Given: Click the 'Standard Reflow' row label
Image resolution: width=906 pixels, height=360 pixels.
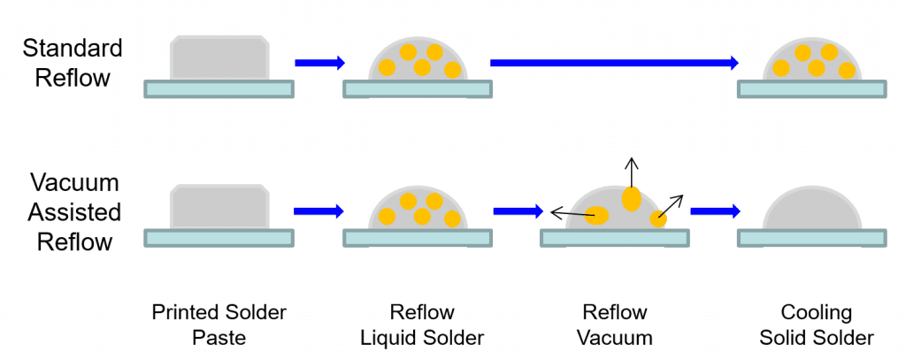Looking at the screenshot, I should coord(73,62).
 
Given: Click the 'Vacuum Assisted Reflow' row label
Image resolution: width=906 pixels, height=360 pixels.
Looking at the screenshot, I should coord(73,212).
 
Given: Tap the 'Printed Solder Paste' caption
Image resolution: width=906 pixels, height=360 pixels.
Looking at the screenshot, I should coord(219,325).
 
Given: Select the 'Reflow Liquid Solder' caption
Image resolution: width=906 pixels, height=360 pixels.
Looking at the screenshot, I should coord(422,325).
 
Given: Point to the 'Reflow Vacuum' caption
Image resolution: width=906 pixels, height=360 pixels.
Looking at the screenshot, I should coord(615,325).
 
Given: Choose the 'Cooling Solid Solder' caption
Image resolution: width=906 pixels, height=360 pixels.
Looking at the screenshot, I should coord(815,325).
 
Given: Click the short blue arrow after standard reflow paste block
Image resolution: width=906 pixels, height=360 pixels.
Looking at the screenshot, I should coord(319,62).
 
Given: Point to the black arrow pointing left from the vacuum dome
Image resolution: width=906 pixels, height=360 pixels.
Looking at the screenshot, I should coord(569,212).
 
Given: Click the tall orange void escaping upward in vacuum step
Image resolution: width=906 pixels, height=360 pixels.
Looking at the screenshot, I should coord(631,200).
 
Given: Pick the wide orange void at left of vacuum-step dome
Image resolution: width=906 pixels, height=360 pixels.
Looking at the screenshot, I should coord(597,215).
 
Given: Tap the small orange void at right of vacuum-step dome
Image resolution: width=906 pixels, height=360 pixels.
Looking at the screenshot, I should coord(658,219).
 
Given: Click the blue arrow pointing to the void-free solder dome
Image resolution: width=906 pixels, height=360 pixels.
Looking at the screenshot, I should coord(715,211).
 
